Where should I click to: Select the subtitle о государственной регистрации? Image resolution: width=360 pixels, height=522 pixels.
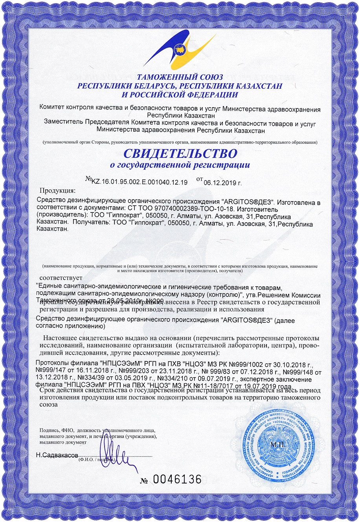[x=180, y=165]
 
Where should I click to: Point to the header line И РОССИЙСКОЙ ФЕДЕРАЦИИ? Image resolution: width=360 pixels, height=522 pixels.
[x=180, y=95]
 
